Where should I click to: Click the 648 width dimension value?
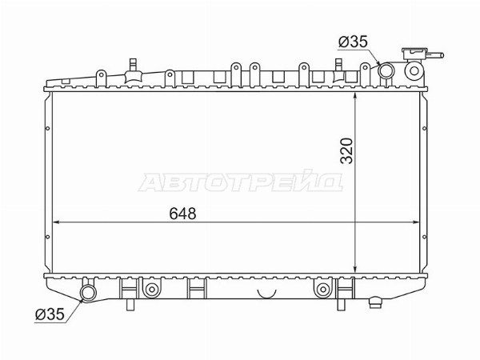coord(182,214)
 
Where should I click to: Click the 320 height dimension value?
coord(347,151)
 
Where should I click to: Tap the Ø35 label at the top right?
coord(353,42)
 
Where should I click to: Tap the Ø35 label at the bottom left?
coord(50,314)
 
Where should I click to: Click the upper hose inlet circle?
coord(386,70)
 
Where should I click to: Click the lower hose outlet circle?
coord(88,293)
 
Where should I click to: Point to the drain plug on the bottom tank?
coord(376,302)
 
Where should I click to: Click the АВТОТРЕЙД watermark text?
coord(240,182)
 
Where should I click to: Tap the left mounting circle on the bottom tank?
coord(151,290)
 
